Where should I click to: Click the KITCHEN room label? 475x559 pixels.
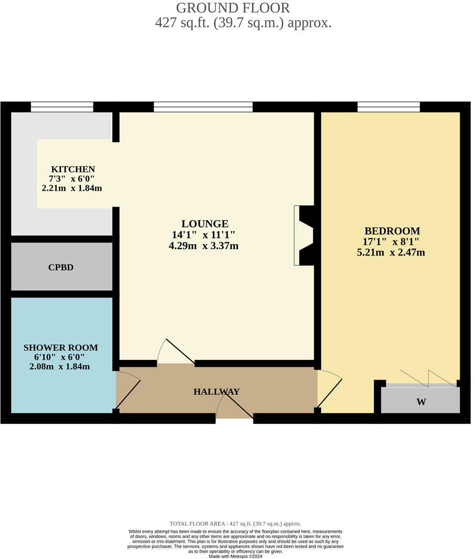(x=73, y=169)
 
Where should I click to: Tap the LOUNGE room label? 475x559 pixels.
(x=204, y=224)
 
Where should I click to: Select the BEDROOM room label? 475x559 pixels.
(x=392, y=231)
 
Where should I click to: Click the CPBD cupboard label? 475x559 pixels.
(x=61, y=267)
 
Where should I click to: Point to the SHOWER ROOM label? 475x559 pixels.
(x=60, y=348)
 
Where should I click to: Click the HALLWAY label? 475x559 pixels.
(x=216, y=392)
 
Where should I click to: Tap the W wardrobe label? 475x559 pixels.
(x=421, y=402)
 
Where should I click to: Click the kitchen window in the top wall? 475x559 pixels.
(x=62, y=107)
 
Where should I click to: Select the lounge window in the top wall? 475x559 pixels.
(x=203, y=107)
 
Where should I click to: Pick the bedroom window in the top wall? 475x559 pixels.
(x=388, y=107)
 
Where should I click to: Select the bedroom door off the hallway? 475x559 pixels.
(x=328, y=389)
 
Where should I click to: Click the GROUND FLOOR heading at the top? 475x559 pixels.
(x=232, y=8)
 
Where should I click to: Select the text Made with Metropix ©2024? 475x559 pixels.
(x=235, y=556)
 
